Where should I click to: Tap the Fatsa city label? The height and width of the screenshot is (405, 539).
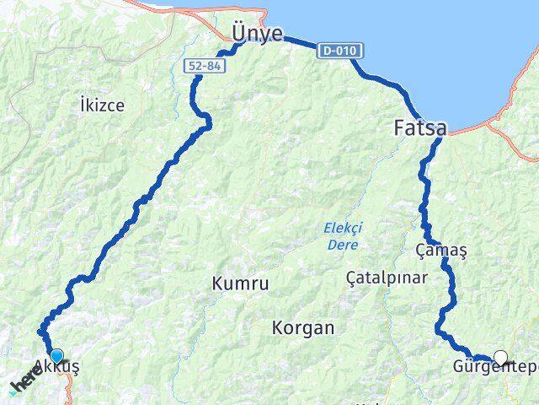(420, 128)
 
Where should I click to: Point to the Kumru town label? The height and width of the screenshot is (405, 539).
(241, 284)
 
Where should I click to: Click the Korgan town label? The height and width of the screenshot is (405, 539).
(303, 327)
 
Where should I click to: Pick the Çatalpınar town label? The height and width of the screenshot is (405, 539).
(387, 277)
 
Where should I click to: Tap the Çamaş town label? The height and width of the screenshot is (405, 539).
(441, 251)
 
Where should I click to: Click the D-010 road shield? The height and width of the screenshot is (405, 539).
(340, 51)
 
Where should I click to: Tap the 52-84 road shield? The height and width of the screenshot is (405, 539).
(202, 65)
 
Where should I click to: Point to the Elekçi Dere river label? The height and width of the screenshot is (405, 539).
(341, 235)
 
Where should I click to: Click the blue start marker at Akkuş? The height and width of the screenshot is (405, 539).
(56, 356)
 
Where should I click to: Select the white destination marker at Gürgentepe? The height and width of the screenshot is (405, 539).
(501, 357)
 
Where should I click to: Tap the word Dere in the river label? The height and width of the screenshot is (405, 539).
(342, 245)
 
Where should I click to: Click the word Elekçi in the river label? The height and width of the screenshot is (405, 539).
(341, 227)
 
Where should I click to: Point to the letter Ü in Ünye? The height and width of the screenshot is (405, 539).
(239, 32)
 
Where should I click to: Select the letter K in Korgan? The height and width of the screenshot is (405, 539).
(278, 327)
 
